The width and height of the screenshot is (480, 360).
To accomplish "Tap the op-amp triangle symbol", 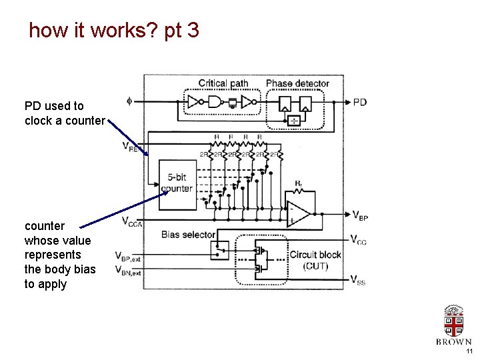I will [x=299, y=213].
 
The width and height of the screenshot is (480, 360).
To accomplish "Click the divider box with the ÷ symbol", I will [x=294, y=120].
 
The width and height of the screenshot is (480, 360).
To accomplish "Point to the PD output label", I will [x=359, y=102].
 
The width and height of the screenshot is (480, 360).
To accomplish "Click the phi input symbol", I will [x=129, y=101].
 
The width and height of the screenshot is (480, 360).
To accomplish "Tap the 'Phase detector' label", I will [x=297, y=83].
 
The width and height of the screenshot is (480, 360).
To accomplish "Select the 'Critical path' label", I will [x=223, y=83].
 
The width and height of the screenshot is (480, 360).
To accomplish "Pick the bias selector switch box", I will [x=219, y=251].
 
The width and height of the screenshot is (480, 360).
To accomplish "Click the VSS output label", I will [x=358, y=280].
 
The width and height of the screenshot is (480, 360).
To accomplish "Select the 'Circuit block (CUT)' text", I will [x=315, y=261].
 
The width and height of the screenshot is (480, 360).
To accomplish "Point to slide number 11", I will [x=469, y=351].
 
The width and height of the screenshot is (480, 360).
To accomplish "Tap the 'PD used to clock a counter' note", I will [x=64, y=113].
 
